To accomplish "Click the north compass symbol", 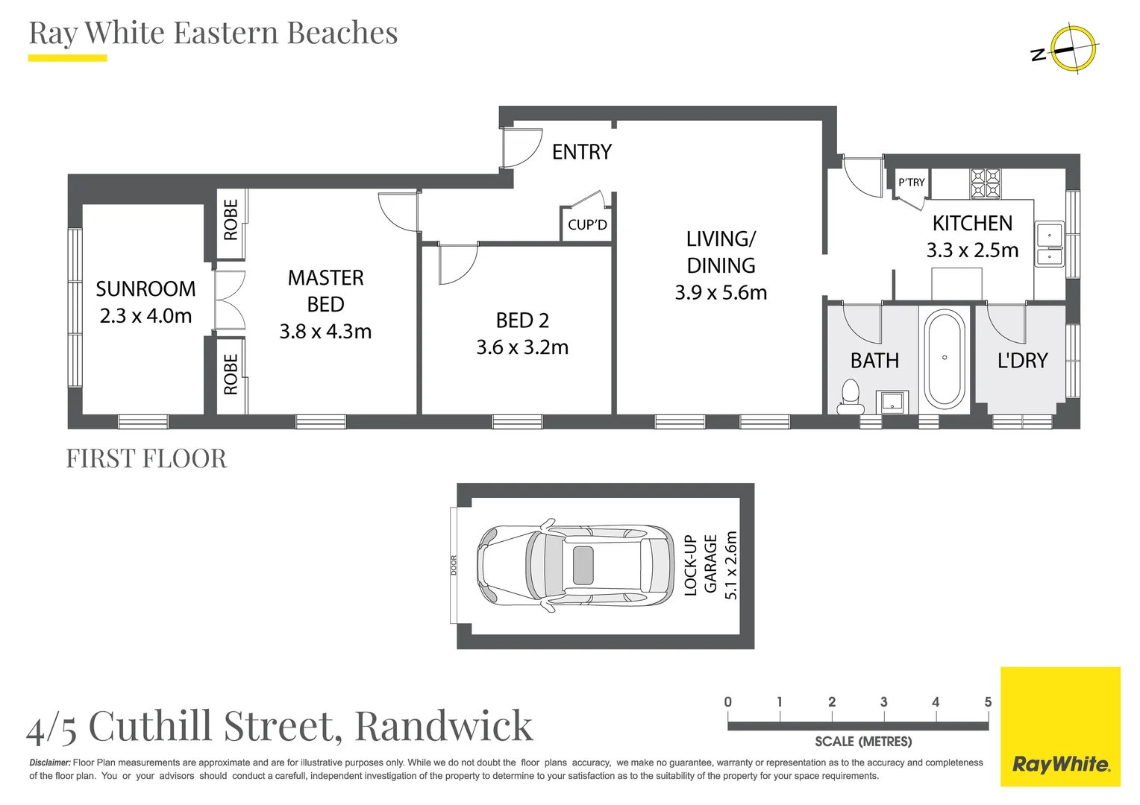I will [1072, 49].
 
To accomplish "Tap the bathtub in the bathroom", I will [944, 359].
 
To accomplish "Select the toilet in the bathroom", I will [849, 397].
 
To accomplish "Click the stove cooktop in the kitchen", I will [985, 183].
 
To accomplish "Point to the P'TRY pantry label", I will [911, 182].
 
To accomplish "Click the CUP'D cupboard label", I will [587, 224].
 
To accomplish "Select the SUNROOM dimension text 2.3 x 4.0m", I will [145, 316].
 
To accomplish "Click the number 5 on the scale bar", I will [987, 701].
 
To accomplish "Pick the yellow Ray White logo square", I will [1060, 726].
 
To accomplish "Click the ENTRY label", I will [581, 152].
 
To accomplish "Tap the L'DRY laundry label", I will [1022, 361].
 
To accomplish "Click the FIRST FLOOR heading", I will [146, 458].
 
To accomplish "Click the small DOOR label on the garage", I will [453, 565].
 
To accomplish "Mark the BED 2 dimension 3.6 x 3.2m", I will [522, 347].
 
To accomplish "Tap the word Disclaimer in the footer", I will [49, 763].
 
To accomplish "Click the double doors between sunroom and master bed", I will [229, 300].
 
